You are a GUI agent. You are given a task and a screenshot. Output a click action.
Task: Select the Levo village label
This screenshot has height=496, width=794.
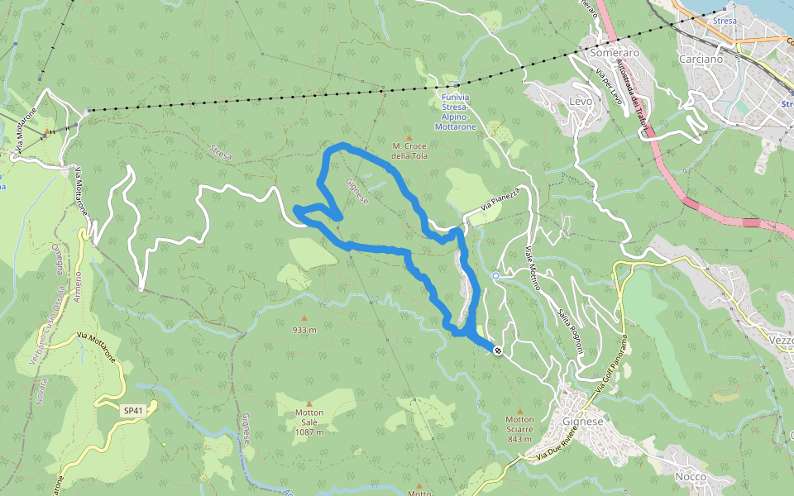(581, 101)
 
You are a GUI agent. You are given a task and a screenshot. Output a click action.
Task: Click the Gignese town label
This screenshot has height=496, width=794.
(584, 421)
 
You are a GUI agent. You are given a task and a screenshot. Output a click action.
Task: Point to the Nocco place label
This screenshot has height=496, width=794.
(690, 477)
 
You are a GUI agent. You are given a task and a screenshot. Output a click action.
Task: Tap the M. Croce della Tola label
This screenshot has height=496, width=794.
(409, 150)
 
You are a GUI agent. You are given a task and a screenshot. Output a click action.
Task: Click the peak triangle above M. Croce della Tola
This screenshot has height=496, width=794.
(409, 136)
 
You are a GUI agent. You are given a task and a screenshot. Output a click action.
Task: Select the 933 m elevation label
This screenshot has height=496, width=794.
(304, 330)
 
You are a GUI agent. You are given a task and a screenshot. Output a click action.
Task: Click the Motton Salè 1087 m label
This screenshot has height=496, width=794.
(309, 422)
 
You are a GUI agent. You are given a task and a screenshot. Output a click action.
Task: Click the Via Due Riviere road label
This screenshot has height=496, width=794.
(555, 450)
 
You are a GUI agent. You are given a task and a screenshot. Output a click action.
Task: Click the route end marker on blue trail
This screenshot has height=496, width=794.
(498, 351)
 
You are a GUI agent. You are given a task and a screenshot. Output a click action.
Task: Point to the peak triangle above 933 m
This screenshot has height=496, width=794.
(304, 317)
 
